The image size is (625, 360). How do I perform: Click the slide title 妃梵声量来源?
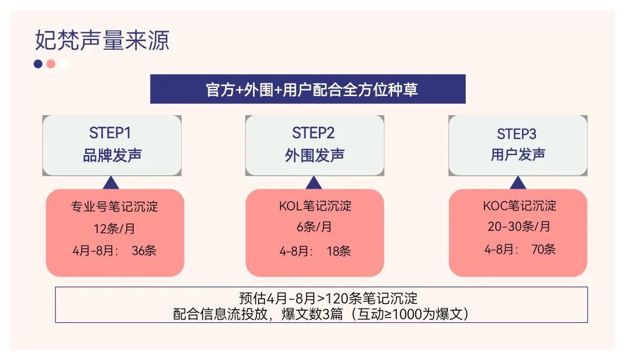[x=102, y=41]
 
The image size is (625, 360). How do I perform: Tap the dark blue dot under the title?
[x=38, y=64]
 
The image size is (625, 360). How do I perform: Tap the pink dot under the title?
[x=51, y=64]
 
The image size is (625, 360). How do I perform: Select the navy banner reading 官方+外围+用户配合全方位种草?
[x=308, y=89]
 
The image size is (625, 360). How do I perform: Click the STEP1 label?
[x=110, y=133]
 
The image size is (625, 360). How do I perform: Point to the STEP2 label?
[x=313, y=133]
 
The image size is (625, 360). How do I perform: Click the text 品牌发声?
[x=112, y=155]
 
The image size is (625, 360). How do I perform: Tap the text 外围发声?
[x=314, y=155]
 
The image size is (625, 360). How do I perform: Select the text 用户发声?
[x=518, y=155]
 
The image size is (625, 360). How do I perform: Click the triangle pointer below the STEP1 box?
[x=111, y=183]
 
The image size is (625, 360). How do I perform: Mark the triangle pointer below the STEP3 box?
[x=518, y=183]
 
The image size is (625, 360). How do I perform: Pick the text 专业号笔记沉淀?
[x=115, y=206]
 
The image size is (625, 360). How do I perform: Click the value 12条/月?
[x=114, y=229]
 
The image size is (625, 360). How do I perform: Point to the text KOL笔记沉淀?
[x=315, y=206]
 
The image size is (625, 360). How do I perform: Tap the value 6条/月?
[x=314, y=227]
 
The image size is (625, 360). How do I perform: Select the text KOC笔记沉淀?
[x=519, y=205]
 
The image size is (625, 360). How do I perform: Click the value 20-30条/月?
[x=519, y=226]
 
